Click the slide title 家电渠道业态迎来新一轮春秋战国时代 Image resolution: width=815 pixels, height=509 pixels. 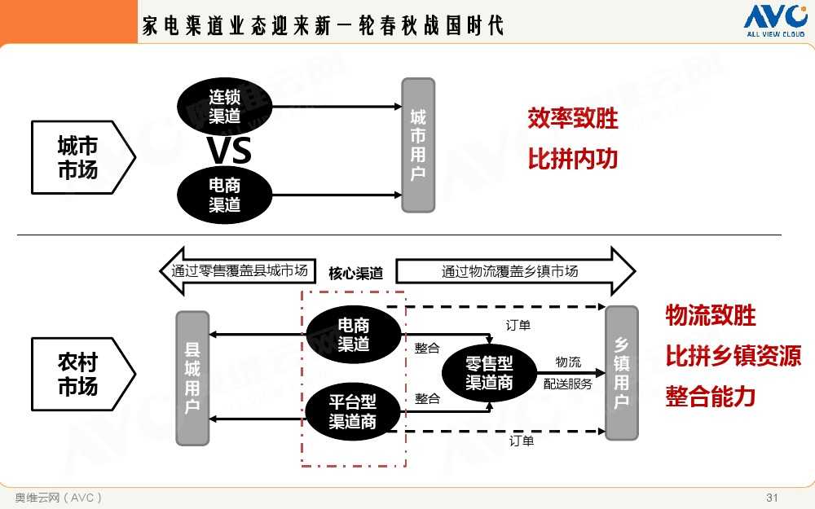pyautogui.click(x=323, y=25)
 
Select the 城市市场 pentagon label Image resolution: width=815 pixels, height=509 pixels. pyautogui.click(x=79, y=157)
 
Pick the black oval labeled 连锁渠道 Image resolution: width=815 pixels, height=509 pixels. pyautogui.click(x=224, y=106)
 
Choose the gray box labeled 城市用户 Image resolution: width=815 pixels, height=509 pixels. pyautogui.click(x=418, y=145)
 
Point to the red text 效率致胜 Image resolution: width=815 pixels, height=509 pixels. pyautogui.click(x=573, y=119)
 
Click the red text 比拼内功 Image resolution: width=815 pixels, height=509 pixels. pyautogui.click(x=573, y=159)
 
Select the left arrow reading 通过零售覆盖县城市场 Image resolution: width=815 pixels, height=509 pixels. pyautogui.click(x=236, y=271)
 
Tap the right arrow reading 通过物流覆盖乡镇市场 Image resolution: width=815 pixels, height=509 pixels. pyautogui.click(x=513, y=271)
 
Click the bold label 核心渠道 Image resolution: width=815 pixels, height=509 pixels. pyautogui.click(x=355, y=273)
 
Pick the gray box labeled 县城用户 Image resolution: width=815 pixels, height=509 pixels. pyautogui.click(x=192, y=378)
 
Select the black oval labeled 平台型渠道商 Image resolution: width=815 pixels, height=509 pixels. pyautogui.click(x=353, y=411)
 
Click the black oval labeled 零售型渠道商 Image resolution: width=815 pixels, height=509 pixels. pyautogui.click(x=489, y=372)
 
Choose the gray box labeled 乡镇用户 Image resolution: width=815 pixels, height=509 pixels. pyautogui.click(x=621, y=372)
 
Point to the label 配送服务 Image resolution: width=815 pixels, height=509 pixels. pyautogui.click(x=568, y=384)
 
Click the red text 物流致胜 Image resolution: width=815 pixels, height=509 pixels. pyautogui.click(x=711, y=315)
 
